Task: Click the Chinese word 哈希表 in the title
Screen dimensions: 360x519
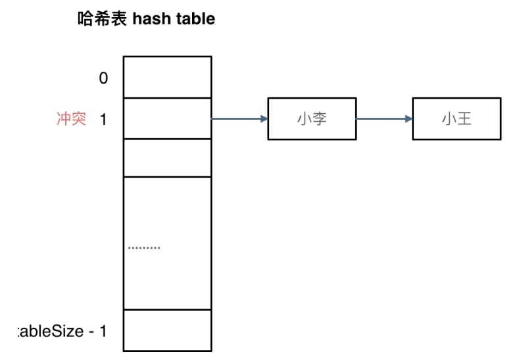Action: (x=103, y=19)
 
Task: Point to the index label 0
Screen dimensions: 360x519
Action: (x=103, y=78)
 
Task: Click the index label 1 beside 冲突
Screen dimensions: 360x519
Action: (x=103, y=120)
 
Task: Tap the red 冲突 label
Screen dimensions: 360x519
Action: (x=71, y=119)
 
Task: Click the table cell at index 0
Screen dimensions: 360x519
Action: (x=167, y=77)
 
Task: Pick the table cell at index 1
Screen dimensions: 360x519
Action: (x=167, y=118)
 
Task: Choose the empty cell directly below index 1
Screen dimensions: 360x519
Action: (x=167, y=157)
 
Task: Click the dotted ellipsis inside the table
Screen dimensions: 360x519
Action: (x=144, y=248)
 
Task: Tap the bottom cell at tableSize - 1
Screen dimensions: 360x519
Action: (x=167, y=330)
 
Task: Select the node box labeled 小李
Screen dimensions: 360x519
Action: (x=311, y=119)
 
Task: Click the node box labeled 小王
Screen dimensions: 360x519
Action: (x=457, y=119)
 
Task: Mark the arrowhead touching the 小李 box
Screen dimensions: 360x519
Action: (x=264, y=119)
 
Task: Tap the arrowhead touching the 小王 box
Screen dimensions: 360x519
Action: (x=409, y=119)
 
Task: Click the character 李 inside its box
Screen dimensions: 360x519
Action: (x=319, y=120)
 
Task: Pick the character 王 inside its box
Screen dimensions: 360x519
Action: (x=464, y=120)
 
